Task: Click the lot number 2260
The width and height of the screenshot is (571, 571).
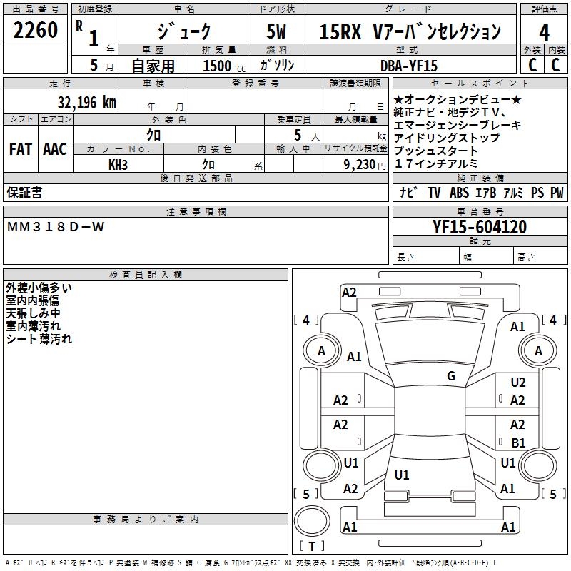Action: coord(36,31)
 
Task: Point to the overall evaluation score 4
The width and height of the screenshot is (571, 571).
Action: coord(544,32)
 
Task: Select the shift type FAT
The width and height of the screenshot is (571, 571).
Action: coord(20,149)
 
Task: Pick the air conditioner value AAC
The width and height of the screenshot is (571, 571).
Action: coord(55,149)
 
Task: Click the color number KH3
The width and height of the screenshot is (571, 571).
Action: coord(118,165)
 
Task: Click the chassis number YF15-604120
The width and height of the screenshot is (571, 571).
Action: coord(480,227)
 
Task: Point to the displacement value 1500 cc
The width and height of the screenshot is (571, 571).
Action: coord(222,66)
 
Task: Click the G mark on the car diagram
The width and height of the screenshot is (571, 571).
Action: coord(450,376)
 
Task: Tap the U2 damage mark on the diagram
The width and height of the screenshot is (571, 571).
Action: coord(518,383)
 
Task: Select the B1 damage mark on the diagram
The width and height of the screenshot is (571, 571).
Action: coord(518,443)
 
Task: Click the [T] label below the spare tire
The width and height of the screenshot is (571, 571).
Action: coord(312,546)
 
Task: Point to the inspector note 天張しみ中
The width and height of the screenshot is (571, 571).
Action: coord(34,313)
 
